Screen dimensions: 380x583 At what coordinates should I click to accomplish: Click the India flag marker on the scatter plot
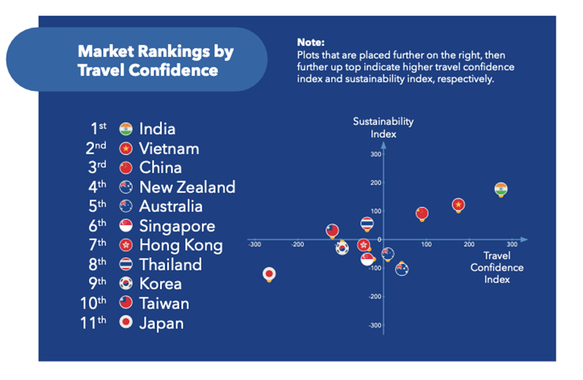point(501,189)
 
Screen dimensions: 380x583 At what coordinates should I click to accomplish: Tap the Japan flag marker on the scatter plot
point(270,274)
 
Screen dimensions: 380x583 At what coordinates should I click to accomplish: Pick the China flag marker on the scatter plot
point(422,213)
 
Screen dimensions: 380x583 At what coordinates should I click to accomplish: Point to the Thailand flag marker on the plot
point(367,224)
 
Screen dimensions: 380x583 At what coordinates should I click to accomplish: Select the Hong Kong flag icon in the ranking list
point(126,246)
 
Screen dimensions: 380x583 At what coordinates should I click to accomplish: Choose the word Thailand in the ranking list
point(171,265)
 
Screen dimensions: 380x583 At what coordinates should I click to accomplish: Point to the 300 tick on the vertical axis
point(374,154)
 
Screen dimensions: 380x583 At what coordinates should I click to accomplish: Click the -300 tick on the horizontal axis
point(255,244)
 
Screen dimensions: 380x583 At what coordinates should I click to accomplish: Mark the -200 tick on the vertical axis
point(373,296)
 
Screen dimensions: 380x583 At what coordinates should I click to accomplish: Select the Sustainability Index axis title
point(383,127)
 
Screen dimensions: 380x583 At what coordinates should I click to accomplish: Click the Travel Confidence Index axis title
point(496,268)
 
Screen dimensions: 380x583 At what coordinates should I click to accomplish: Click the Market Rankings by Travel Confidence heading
point(156,61)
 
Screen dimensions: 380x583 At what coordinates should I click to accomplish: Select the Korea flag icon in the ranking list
point(126,284)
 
